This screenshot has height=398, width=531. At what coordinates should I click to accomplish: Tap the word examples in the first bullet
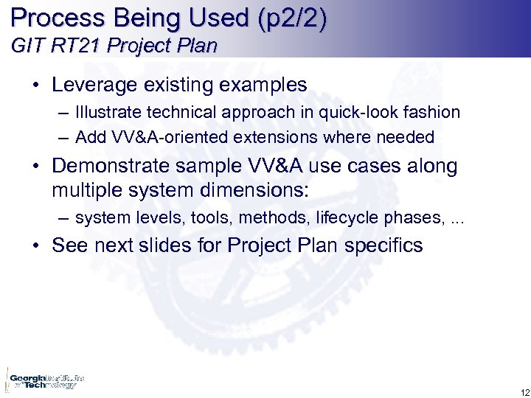[265, 85]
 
